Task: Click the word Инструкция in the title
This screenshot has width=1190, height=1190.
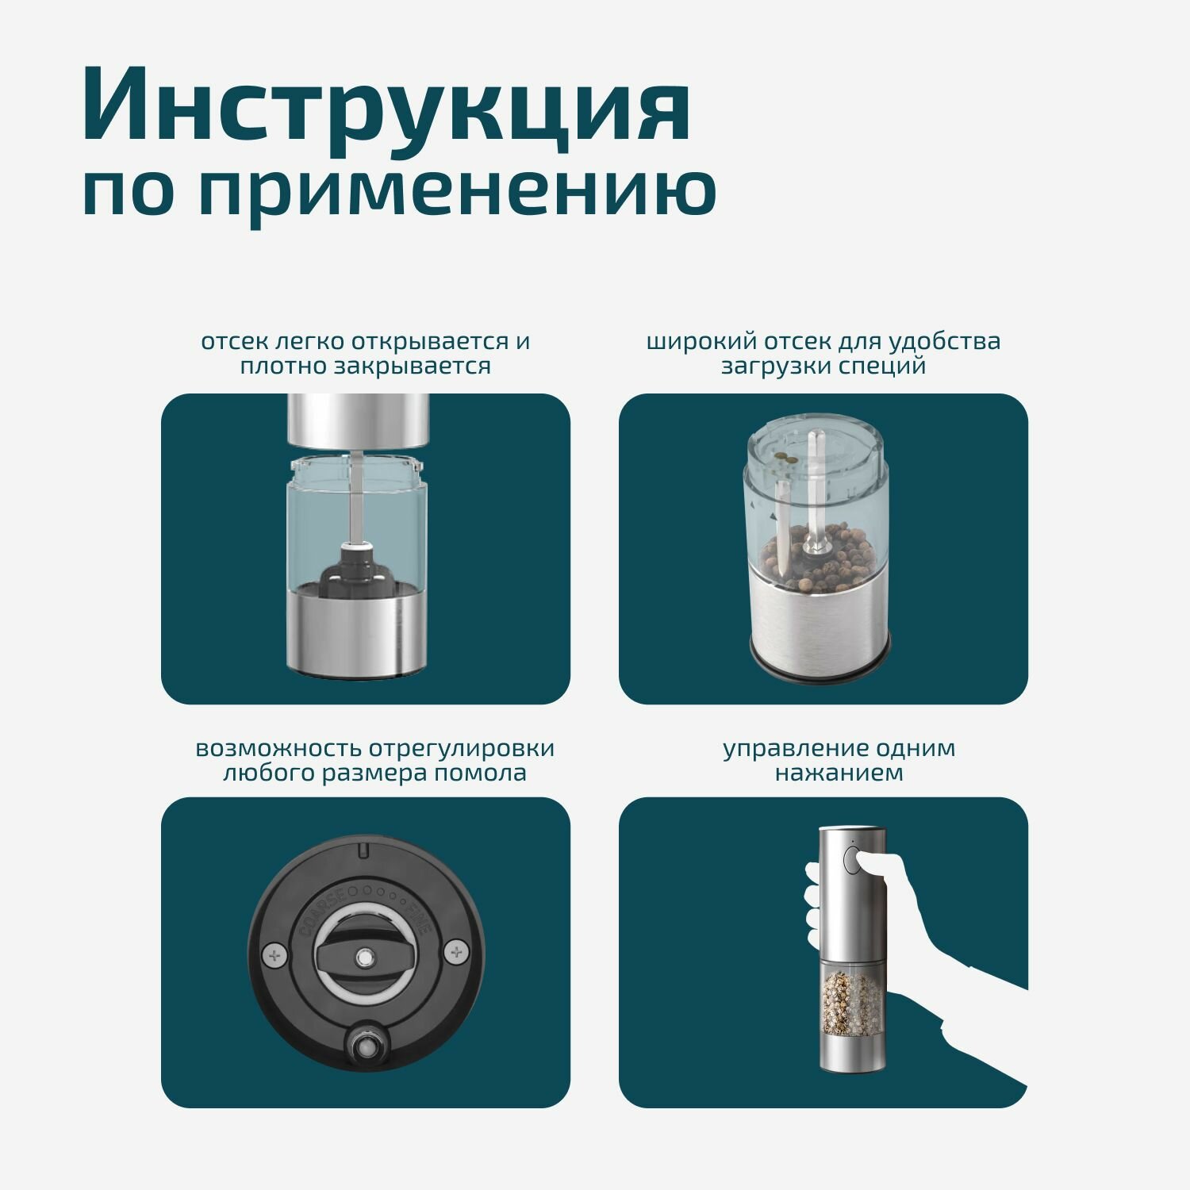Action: [x=386, y=106]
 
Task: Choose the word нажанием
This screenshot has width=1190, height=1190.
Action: [x=839, y=773]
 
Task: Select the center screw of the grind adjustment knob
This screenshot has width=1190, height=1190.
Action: [x=364, y=957]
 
